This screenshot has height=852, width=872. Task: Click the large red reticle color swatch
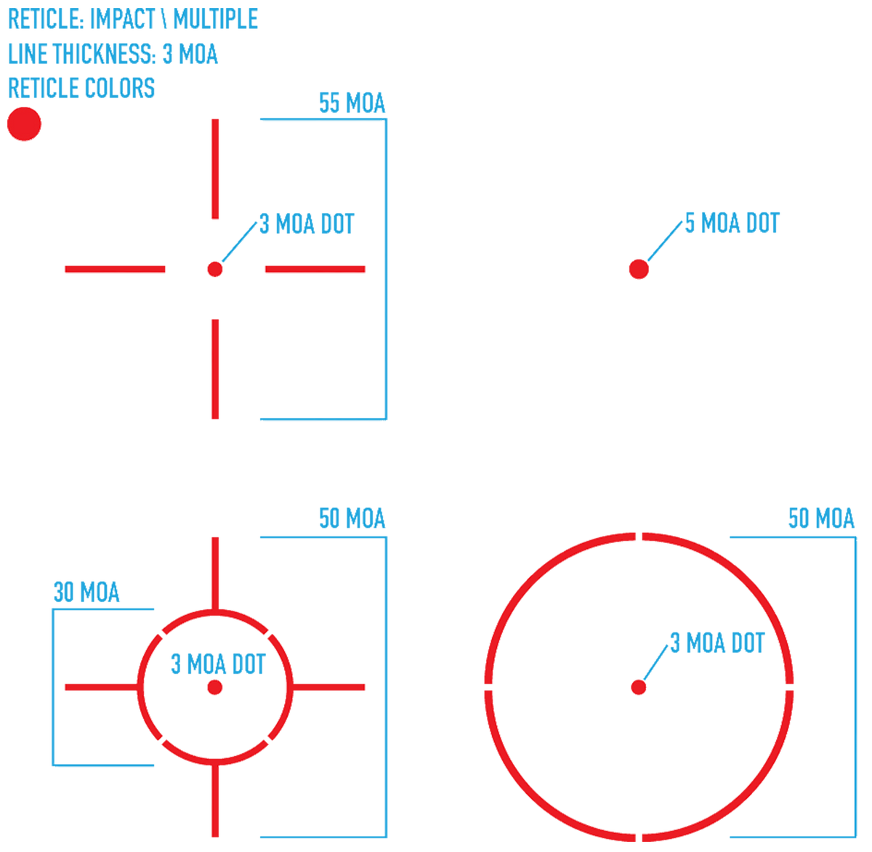click(24, 124)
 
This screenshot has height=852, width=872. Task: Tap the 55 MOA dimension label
click(352, 103)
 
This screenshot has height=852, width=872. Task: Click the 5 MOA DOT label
click(732, 223)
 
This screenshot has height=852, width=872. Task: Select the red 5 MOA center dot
click(639, 269)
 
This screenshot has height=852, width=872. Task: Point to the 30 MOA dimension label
click(86, 592)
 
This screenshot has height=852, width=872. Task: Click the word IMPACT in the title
click(122, 19)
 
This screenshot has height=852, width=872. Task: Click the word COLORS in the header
click(119, 88)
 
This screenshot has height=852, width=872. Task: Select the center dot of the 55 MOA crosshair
click(215, 269)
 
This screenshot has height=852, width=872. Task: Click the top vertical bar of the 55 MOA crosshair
click(215, 169)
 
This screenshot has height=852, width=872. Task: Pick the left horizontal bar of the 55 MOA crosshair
click(115, 269)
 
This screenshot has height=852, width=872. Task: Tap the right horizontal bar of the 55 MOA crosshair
click(315, 269)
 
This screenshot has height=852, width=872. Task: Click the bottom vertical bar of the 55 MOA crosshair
click(215, 369)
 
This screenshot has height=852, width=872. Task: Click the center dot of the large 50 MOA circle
click(639, 687)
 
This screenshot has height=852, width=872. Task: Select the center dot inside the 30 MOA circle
click(215, 687)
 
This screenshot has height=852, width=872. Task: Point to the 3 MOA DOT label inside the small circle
click(218, 664)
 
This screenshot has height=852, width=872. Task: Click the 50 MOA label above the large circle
click(821, 518)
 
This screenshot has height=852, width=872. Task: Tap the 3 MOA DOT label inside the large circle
click(717, 643)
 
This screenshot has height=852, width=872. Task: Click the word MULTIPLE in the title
click(216, 19)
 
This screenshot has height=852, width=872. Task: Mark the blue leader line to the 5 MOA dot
click(665, 241)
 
